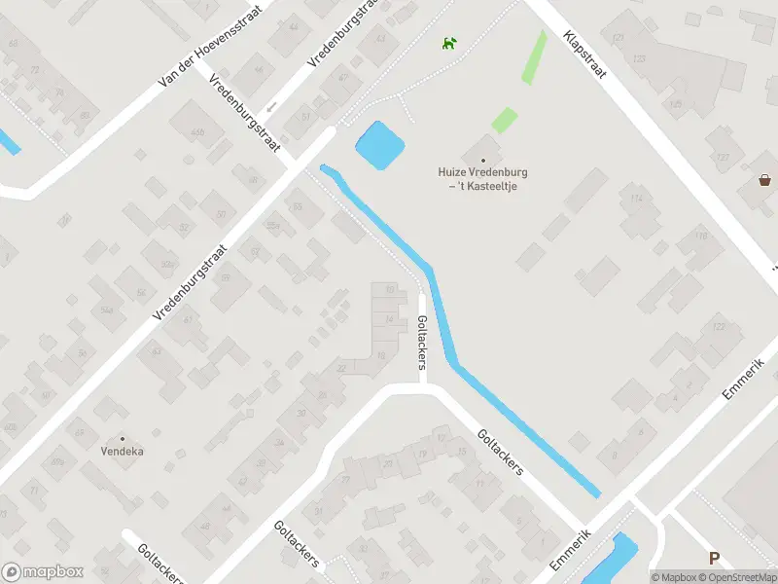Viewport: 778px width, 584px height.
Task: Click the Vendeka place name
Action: (123, 452)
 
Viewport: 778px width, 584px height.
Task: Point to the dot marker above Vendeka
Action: (123, 439)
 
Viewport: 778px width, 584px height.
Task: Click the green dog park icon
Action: (449, 43)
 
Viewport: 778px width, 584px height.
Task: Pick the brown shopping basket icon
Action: (765, 179)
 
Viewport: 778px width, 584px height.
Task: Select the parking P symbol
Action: (715, 559)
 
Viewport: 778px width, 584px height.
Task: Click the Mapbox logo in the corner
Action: (41, 572)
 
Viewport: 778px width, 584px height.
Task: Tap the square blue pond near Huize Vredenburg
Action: (379, 146)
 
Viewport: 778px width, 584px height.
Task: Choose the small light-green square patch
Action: (504, 121)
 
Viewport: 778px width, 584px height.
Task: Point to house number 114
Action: (637, 200)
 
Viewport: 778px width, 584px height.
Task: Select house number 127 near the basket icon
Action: (722, 158)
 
